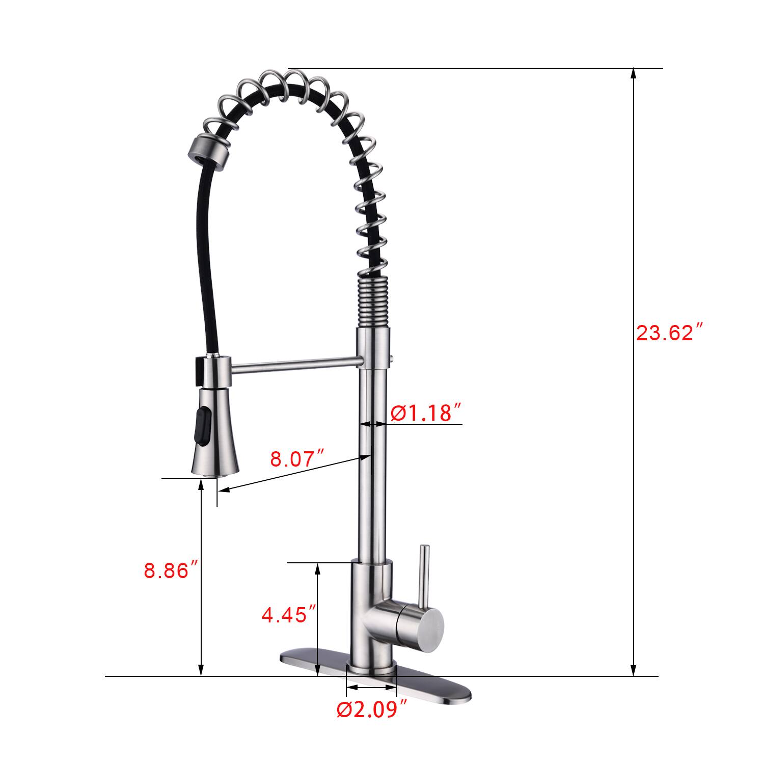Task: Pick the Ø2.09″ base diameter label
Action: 372,709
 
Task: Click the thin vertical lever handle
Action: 424,576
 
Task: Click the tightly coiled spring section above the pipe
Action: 374,301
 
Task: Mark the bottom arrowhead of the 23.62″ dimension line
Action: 633,671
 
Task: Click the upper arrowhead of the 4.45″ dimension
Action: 318,568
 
